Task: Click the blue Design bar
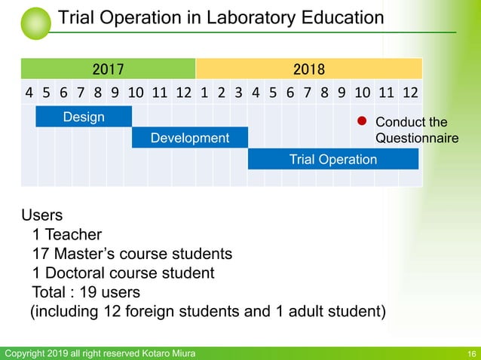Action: (x=84, y=117)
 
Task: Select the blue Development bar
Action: (x=190, y=138)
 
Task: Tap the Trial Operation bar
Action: (x=332, y=159)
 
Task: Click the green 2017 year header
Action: (x=109, y=70)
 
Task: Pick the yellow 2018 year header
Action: (x=309, y=70)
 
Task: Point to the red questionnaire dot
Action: (x=361, y=121)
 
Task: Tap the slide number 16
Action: (x=471, y=354)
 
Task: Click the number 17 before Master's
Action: (x=41, y=254)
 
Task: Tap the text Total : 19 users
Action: (x=85, y=291)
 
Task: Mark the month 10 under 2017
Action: (x=136, y=94)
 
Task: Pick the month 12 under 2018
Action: (x=411, y=94)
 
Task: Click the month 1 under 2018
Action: (x=204, y=94)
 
